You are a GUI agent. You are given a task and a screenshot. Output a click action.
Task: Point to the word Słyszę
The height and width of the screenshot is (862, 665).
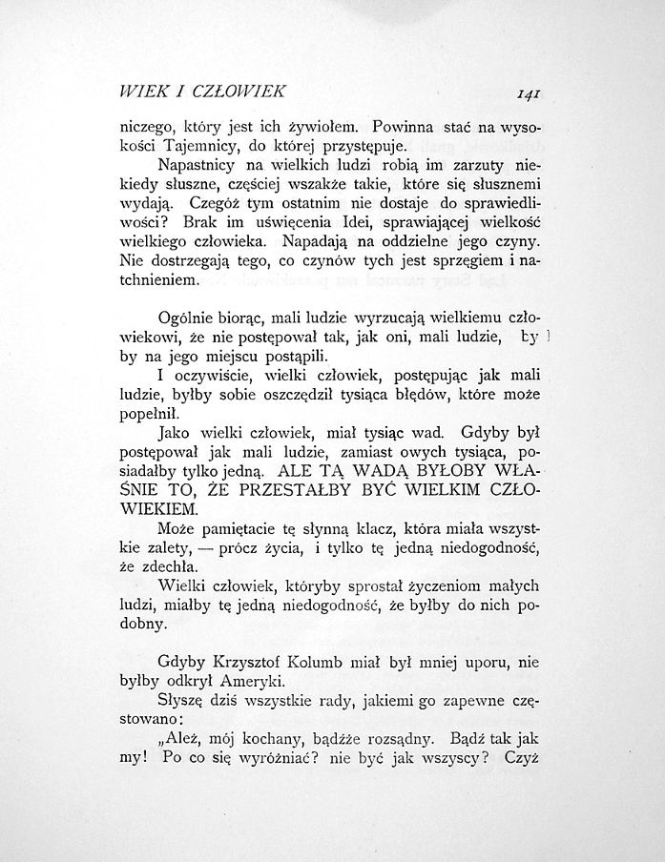(x=184, y=706)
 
